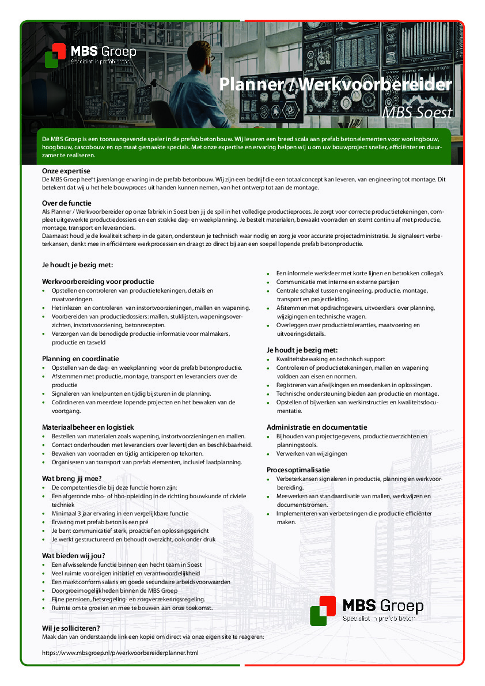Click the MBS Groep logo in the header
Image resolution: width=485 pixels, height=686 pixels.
click(90, 55)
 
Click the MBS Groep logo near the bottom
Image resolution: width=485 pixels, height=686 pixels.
click(366, 610)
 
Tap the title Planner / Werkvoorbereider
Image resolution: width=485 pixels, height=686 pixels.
click(335, 85)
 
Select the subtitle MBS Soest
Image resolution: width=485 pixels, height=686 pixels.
click(418, 112)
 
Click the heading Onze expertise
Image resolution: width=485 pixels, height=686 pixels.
click(66, 171)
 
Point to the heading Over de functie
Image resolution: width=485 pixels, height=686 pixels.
click(67, 203)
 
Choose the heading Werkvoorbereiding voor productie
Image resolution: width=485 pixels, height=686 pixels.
click(98, 282)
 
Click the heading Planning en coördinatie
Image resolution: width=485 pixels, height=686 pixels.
click(81, 359)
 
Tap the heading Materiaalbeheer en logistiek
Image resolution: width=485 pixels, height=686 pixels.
click(88, 427)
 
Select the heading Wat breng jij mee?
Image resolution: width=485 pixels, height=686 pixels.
click(72, 478)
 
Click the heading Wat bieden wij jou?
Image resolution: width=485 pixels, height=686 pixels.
click(74, 556)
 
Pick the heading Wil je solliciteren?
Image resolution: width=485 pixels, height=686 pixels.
click(71, 628)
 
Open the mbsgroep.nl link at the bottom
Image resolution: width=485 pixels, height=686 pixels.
click(120, 653)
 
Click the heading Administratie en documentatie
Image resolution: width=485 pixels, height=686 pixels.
click(317, 427)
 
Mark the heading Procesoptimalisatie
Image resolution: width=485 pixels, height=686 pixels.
click(298, 470)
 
